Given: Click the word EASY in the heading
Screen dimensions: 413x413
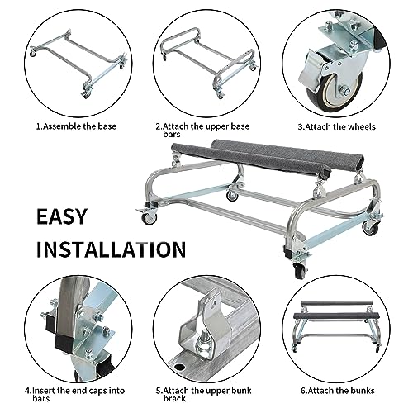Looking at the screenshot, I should coord(72,216).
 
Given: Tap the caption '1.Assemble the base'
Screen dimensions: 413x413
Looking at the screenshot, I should coord(76,127).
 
